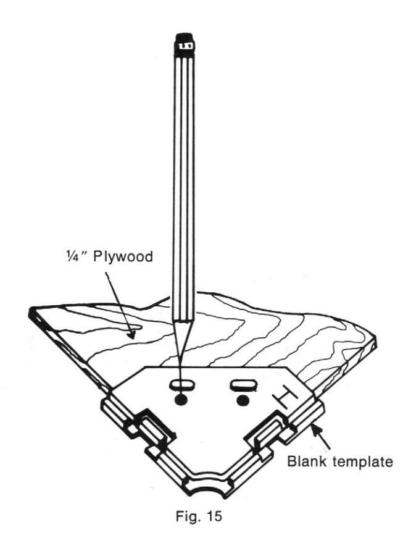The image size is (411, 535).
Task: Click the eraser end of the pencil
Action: tap(185, 36)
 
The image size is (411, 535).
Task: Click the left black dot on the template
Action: tap(181, 400)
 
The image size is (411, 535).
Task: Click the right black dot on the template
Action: tap(243, 401)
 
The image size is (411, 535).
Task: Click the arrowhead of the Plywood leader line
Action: tap(132, 335)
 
